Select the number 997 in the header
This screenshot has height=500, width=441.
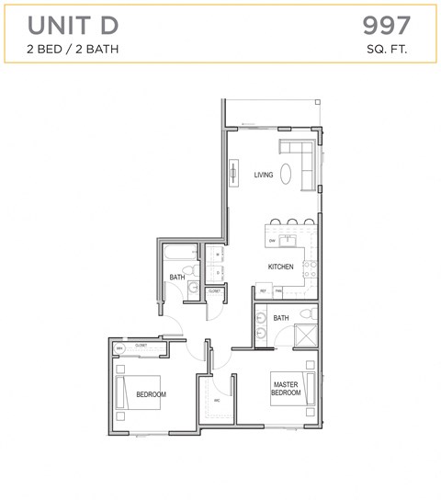coord(386,24)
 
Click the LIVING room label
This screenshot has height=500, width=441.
coord(264,175)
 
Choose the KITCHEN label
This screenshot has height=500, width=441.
coord(280,267)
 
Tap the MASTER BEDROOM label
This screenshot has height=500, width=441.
coord(286,388)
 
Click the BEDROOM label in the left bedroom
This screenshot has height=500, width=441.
coord(151,394)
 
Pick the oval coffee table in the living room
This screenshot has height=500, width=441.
coord(288,173)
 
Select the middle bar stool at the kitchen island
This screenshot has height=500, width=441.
coord(290,222)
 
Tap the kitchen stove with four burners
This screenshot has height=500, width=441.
coord(311,268)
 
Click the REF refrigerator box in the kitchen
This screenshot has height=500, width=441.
coord(263,291)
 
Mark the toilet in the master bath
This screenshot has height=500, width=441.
coord(310,314)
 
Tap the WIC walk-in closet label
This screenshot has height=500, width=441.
coord(217,401)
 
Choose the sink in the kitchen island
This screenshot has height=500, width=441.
coord(288,241)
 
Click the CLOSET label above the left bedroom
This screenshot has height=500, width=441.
coord(141,346)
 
